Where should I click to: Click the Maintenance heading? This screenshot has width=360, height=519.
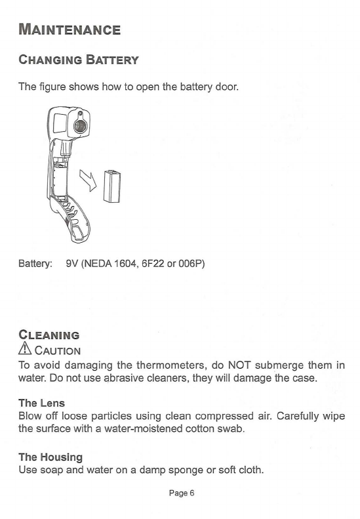pos(70,30)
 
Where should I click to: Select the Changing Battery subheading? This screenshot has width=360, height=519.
pos(79,60)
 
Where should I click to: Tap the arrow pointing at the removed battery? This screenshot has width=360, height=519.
pos(89,180)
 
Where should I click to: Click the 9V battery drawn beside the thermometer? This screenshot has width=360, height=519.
pos(112,186)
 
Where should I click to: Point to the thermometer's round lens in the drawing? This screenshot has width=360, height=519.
pos(80,126)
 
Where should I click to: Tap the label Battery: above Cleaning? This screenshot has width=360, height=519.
pos(35,264)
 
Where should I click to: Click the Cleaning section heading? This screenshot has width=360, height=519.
pos(49,335)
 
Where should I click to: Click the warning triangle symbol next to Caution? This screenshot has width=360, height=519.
pos(25,348)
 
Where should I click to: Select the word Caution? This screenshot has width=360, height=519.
pos(58,350)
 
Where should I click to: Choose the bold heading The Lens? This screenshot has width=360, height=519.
pos(42,403)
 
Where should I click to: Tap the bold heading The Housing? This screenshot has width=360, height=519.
pos(50,457)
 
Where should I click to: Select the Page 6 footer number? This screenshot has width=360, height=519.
pos(182,493)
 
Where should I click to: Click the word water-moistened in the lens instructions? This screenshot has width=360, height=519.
pos(143,428)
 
